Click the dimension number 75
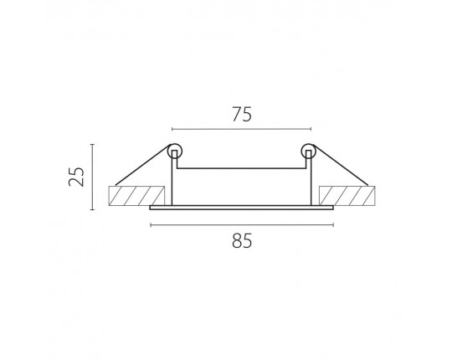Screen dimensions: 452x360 pos(242,114)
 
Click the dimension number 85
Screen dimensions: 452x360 pos(242,240)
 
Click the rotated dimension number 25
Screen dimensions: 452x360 pos(77,177)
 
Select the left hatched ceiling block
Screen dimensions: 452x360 pos(136,196)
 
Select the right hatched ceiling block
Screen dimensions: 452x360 pos(347,196)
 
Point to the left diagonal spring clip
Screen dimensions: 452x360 pos(142,166)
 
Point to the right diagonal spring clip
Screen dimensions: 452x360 pos(342,166)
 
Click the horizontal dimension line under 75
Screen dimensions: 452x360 pos(242,129)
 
